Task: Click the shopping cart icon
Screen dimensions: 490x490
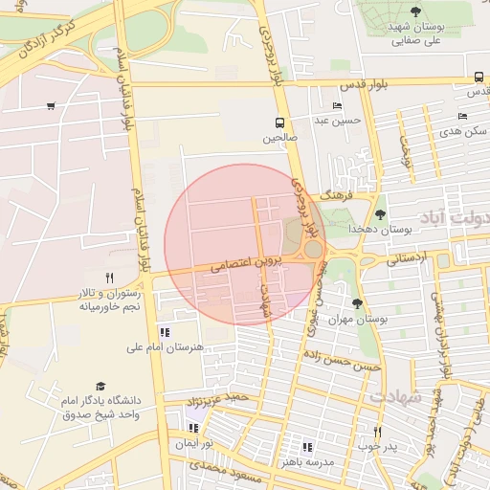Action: coord(50,106)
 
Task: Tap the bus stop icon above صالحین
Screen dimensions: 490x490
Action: coord(280,122)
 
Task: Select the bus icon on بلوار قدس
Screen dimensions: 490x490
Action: coord(478,78)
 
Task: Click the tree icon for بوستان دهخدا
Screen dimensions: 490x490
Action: coord(381,215)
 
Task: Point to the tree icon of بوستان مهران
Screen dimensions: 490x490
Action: coord(357,303)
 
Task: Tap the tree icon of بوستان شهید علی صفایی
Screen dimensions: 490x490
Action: coord(415,11)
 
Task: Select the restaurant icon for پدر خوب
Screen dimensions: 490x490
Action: coord(377,432)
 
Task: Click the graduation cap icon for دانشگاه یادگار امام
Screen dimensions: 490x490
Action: coord(100,386)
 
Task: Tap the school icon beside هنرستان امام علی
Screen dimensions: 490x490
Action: coord(165,332)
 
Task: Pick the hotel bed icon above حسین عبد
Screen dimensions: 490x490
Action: coord(336,105)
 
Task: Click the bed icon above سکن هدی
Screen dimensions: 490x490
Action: coord(462,116)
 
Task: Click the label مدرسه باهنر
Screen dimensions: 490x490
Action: coord(307,461)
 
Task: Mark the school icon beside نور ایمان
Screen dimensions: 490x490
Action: coord(194,429)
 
